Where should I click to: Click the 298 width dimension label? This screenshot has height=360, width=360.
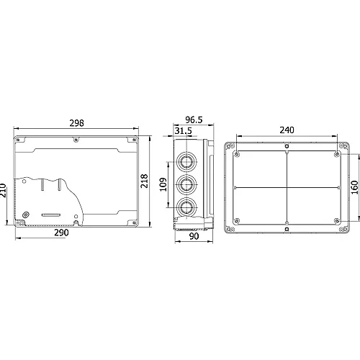77,123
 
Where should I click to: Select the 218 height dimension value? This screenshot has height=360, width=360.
144,181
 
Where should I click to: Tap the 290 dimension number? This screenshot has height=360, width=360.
61,233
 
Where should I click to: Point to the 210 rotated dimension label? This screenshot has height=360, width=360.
3,190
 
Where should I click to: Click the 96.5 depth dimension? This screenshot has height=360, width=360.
194,120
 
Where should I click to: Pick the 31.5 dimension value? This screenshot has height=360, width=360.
184,131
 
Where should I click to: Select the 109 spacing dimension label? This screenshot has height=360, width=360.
163,184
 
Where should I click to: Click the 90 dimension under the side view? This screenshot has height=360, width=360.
194,236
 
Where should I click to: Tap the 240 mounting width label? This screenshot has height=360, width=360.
287,130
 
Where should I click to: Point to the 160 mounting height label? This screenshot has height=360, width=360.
354,187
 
